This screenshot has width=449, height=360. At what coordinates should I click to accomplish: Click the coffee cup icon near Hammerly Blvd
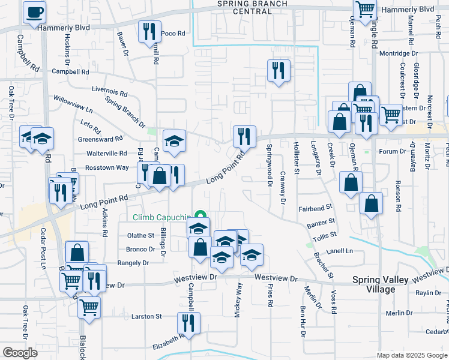(34, 12)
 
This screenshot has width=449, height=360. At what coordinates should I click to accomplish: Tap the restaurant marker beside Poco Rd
(149, 32)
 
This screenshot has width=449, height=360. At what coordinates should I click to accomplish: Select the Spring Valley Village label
(382, 284)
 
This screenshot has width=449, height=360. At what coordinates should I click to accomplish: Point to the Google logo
(20, 353)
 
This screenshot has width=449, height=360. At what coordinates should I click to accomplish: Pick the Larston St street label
(147, 316)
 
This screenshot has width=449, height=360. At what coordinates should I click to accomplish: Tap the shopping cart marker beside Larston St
(89, 307)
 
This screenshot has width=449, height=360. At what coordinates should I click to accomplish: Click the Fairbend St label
(315, 208)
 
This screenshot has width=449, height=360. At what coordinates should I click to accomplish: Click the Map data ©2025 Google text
(412, 355)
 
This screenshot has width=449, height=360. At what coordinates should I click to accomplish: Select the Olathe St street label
(140, 236)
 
